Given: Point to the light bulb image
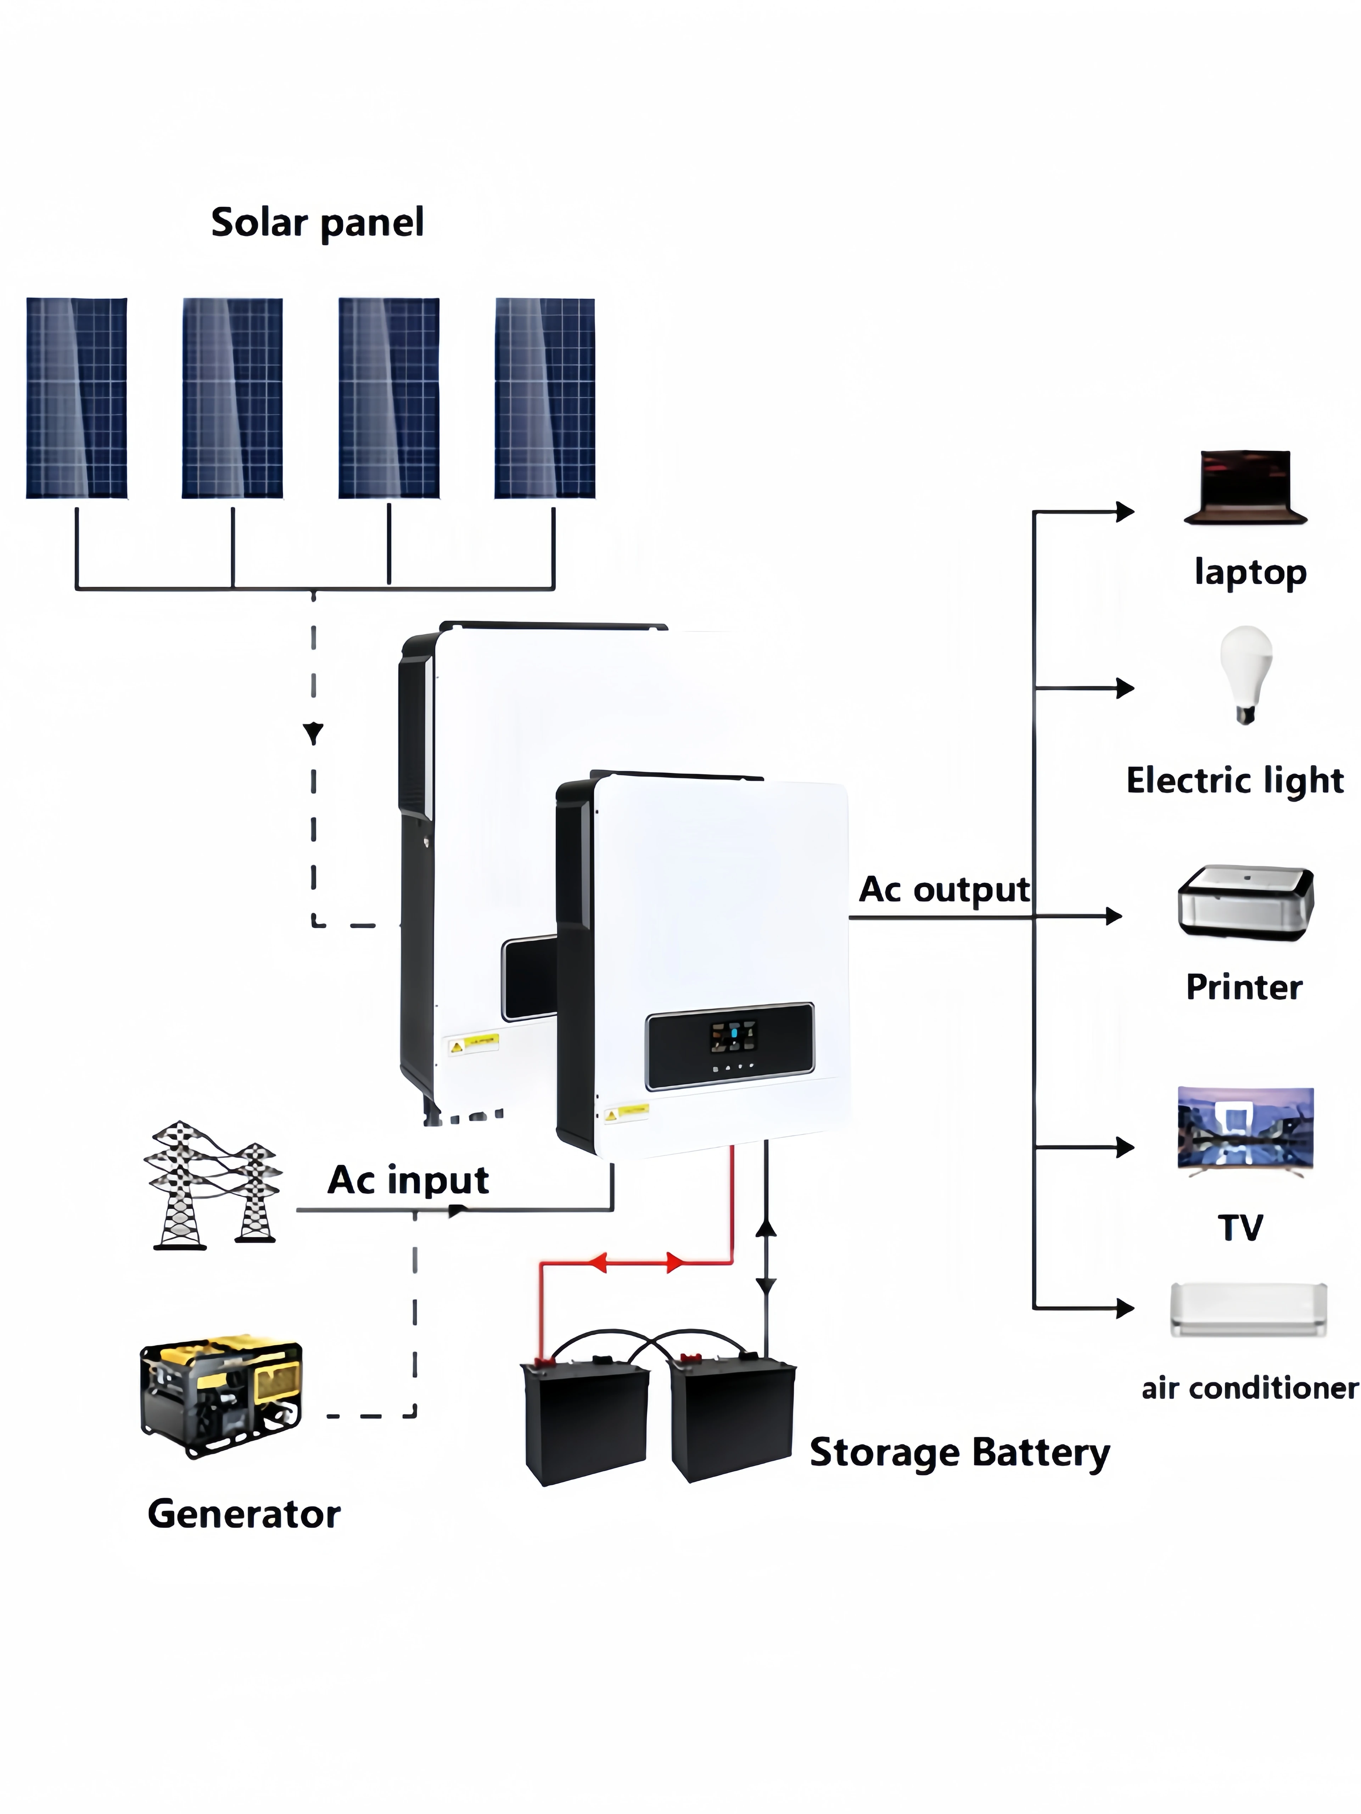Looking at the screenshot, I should tap(1245, 674).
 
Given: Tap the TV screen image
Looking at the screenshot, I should tap(1244, 1128).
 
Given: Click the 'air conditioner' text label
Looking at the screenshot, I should tap(1249, 1387).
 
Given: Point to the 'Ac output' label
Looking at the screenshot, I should tap(943, 890).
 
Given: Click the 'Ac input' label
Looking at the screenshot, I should tap(408, 1179).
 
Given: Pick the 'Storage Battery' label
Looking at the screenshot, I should tap(959, 1452).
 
